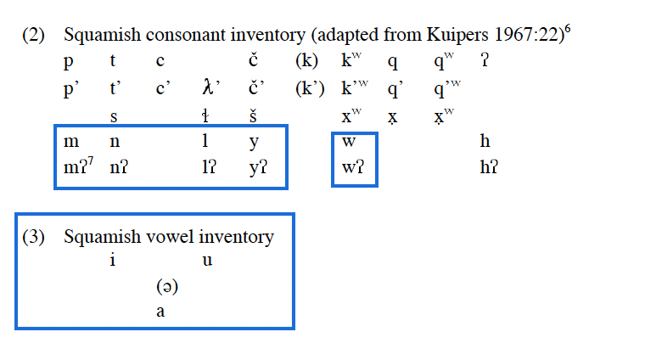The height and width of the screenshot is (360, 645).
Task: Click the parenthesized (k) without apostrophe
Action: [306, 62]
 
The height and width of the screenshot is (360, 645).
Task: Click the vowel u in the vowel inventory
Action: [207, 262]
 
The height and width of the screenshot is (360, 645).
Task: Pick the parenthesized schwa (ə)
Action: [165, 287]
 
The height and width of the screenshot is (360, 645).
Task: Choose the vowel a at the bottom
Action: [160, 312]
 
